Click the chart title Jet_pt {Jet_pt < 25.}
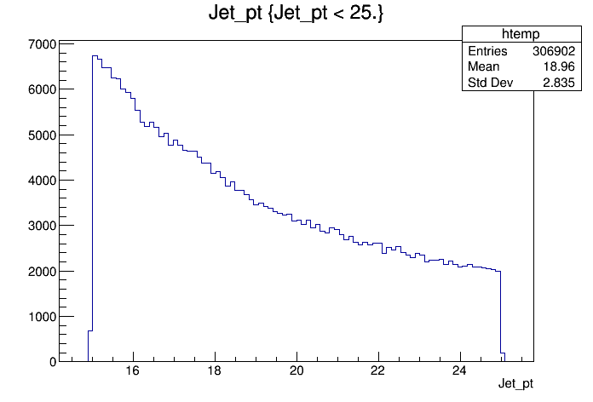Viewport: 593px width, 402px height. click(x=296, y=14)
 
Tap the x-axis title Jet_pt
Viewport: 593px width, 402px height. click(x=515, y=383)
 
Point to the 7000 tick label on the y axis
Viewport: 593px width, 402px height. click(x=42, y=44)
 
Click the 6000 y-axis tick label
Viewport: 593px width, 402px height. click(x=42, y=89)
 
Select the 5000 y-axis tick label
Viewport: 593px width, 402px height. click(x=42, y=135)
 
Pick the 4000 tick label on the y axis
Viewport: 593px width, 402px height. click(x=42, y=181)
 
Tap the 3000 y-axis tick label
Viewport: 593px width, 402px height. click(x=42, y=226)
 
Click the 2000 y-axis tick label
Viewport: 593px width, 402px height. click(x=42, y=271)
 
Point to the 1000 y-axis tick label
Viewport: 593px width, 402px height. click(x=42, y=317)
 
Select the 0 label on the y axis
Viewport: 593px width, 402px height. click(x=53, y=362)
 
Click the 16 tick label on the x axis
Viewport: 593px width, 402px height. click(x=132, y=370)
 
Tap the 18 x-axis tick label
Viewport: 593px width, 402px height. click(x=214, y=370)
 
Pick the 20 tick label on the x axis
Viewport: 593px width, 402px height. click(x=296, y=370)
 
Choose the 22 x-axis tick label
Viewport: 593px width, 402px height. click(x=377, y=370)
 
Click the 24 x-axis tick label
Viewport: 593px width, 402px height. click(x=459, y=370)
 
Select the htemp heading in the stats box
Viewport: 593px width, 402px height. click(x=521, y=34)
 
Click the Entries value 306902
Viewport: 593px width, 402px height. click(x=554, y=50)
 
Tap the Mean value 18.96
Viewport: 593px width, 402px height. click(x=559, y=66)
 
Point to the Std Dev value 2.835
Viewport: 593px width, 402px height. click(x=559, y=83)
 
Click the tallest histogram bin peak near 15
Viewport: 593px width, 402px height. click(x=95, y=56)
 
